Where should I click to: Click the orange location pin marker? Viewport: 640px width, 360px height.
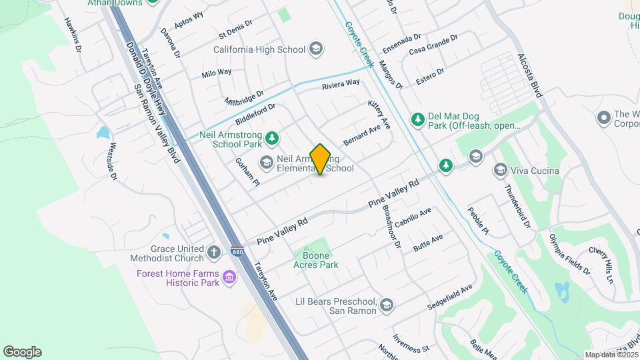[320, 159]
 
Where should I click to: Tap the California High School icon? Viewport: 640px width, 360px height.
[316, 49]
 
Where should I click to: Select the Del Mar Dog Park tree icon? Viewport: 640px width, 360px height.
[418, 119]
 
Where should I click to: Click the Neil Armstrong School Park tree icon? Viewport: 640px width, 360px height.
[271, 139]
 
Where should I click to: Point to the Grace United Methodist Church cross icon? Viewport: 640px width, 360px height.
[214, 253]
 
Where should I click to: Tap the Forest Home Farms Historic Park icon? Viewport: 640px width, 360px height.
[229, 277]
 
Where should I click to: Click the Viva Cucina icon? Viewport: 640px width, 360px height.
[500, 170]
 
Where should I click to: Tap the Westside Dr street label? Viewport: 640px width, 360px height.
[113, 161]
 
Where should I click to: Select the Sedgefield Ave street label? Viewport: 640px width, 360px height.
[450, 297]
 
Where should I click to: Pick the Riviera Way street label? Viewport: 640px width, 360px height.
[341, 84]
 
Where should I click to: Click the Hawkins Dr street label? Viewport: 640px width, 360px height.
[73, 35]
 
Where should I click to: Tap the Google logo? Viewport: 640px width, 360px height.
[22, 352]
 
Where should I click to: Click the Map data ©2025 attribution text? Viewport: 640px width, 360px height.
[611, 354]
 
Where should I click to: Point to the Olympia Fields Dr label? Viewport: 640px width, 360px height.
[570, 253]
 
